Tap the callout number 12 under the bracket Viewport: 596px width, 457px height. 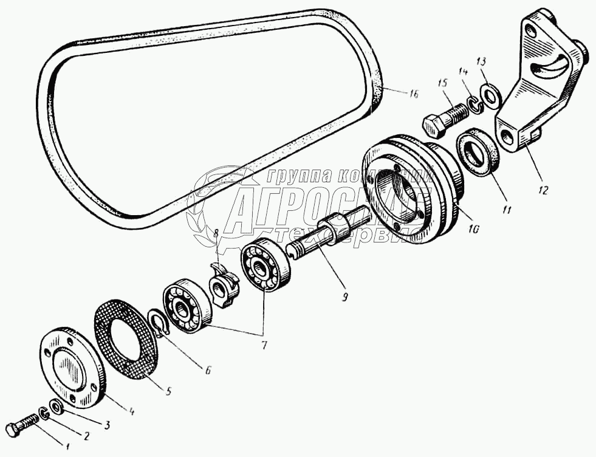point(542,190)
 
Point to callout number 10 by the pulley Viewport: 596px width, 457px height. point(474,229)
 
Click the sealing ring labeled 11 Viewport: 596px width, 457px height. point(478,152)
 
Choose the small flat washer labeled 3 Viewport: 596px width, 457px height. point(55,405)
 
